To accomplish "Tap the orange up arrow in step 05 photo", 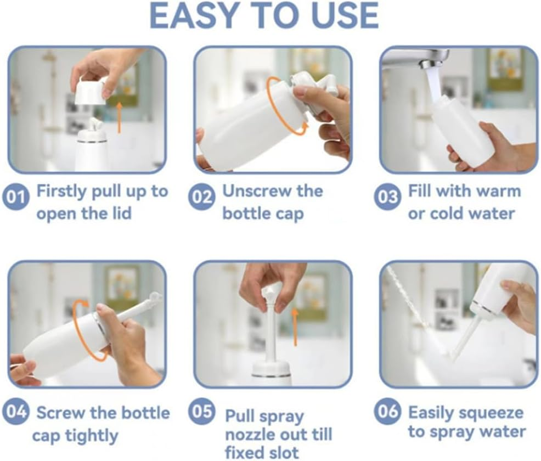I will click(295, 327).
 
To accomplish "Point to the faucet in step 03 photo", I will click(417, 58).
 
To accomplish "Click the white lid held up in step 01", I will click(91, 90).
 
